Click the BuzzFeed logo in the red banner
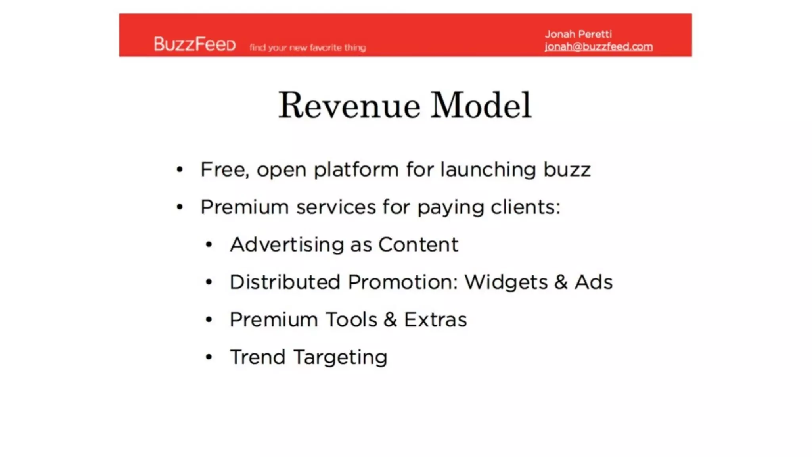click(x=195, y=44)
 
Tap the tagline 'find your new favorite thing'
click(x=308, y=48)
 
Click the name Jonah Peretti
click(x=578, y=34)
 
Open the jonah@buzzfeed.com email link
click(x=598, y=47)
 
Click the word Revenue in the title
click(x=349, y=106)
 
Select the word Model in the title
click(x=481, y=106)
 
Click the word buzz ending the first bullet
click(x=567, y=170)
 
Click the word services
click(x=336, y=207)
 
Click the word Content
click(x=418, y=244)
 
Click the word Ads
click(x=594, y=282)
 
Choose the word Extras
click(x=435, y=320)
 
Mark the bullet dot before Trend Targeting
click(x=209, y=357)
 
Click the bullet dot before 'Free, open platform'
click(x=180, y=170)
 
